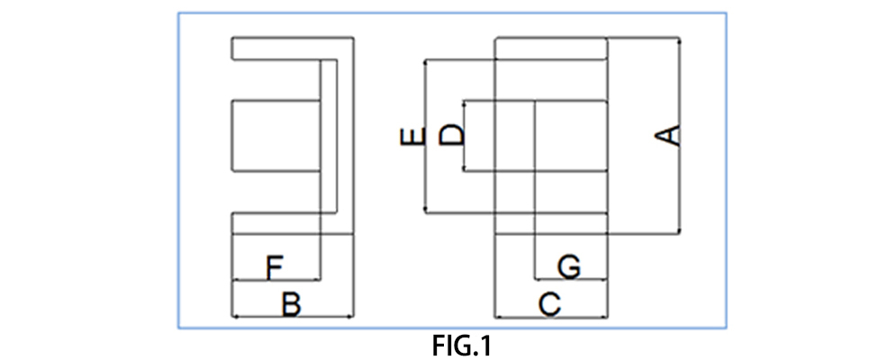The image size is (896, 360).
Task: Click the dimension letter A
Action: tap(667, 136)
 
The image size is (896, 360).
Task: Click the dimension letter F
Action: tap(276, 266)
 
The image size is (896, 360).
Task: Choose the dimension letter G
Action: tap(568, 266)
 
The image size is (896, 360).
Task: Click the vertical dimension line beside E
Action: tap(425, 180)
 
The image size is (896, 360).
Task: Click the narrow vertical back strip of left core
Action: tap(330, 136)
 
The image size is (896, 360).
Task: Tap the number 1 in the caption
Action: tap(486, 345)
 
